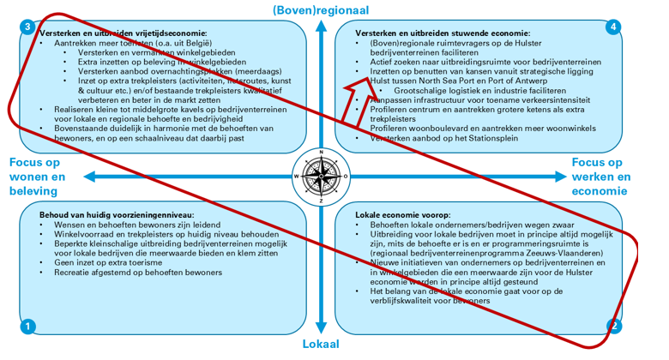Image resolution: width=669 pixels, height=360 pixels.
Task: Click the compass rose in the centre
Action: pos(321,176)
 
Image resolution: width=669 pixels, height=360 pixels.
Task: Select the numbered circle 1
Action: pos(28,326)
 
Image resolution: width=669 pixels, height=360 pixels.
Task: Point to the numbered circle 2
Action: pos(614,326)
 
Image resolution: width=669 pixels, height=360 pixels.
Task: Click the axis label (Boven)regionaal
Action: pos(321,9)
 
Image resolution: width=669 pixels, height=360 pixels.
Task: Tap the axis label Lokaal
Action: pos(321,345)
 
